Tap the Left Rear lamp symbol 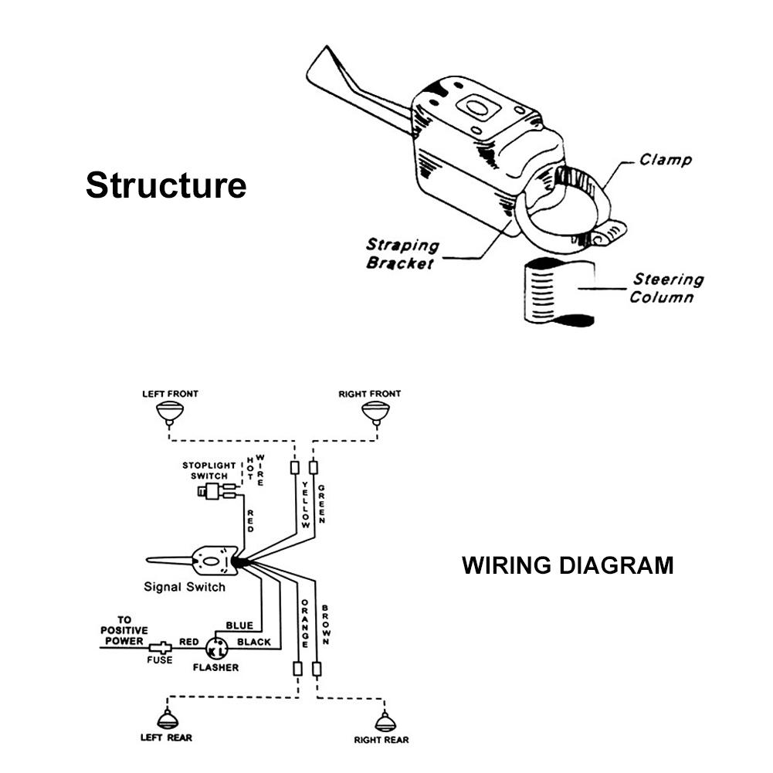click(167, 720)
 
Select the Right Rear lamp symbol click(383, 723)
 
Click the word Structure click(166, 186)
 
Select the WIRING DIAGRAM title click(568, 565)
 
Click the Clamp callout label click(666, 161)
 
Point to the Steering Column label click(667, 288)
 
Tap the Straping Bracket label click(402, 254)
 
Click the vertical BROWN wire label click(326, 624)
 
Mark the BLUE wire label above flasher click(239, 625)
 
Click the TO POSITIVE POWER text click(124, 630)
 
